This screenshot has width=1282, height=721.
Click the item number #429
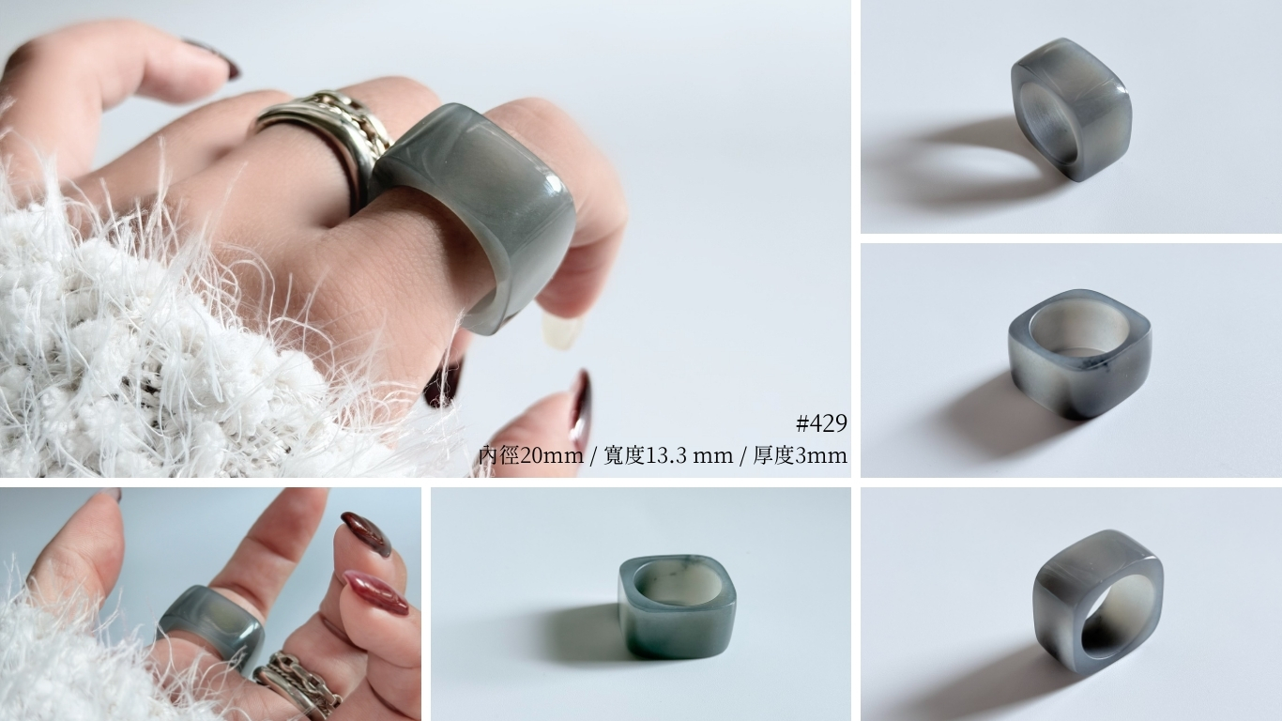pyautogui.click(x=821, y=423)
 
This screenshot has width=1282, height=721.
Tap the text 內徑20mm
pyautogui.click(x=531, y=456)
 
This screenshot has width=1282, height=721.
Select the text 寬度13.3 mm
pyautogui.click(x=668, y=456)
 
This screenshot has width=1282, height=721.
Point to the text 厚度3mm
pyautogui.click(x=801, y=456)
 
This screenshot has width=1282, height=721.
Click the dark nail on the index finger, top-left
pyautogui.click(x=215, y=57)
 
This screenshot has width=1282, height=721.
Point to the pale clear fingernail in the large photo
pyautogui.click(x=561, y=331)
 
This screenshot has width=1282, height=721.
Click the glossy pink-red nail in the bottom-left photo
pyautogui.click(x=374, y=591)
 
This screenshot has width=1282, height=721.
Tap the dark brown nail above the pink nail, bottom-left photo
pyautogui.click(x=366, y=534)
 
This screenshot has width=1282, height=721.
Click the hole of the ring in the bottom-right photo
pyautogui.click(x=1113, y=621)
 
